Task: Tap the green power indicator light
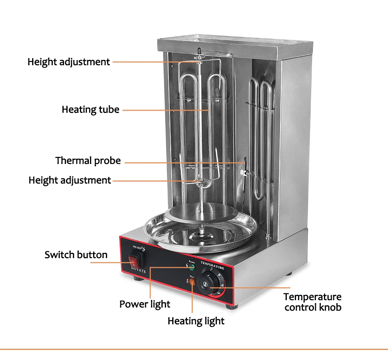191,267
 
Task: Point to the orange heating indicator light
192,281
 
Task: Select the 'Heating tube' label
90,110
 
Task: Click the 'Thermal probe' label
88,160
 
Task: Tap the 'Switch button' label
76,255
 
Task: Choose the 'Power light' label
145,304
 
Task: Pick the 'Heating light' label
196,321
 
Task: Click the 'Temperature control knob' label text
313,302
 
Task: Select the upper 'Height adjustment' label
69,61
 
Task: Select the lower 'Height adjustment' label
70,180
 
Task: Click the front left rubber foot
137,278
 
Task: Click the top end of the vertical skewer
199,50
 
